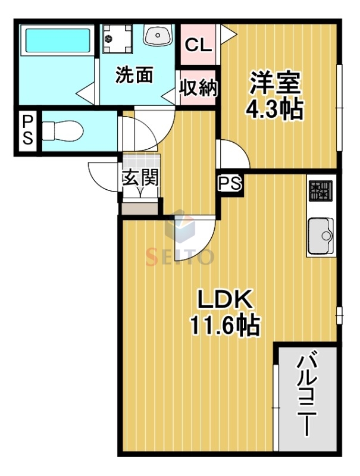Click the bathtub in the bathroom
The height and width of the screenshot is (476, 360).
57,42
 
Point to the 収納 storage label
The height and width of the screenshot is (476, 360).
198,87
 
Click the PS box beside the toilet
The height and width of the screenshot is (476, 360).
28,130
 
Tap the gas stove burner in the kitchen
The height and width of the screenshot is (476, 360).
320,191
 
